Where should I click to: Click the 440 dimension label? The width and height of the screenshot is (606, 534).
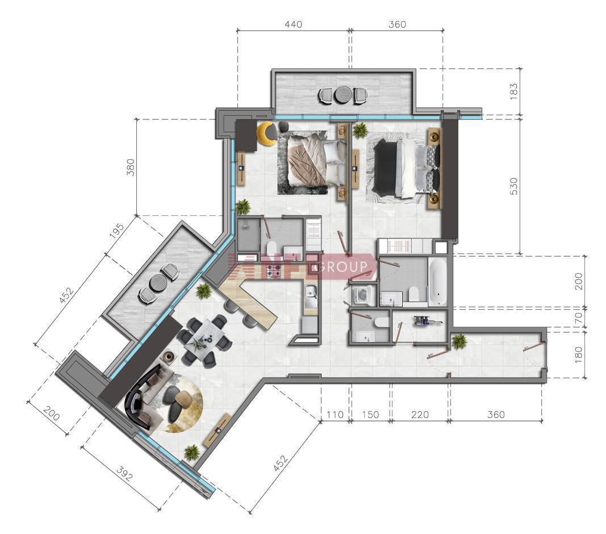(x=293, y=24)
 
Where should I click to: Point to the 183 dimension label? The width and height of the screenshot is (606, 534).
(x=513, y=91)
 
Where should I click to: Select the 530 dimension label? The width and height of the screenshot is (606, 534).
(x=513, y=186)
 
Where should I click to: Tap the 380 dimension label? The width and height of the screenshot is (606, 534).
(x=131, y=167)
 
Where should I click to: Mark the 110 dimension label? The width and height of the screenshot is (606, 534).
(x=335, y=415)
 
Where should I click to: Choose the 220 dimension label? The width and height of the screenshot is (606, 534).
(x=420, y=415)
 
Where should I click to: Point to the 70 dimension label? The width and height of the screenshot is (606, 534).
(x=578, y=318)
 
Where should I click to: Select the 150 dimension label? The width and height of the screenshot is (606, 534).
(x=370, y=415)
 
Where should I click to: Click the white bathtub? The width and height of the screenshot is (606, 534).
(x=438, y=281)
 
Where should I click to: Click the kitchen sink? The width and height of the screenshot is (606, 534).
(x=311, y=296)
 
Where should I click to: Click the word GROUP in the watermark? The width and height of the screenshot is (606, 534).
(x=342, y=267)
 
